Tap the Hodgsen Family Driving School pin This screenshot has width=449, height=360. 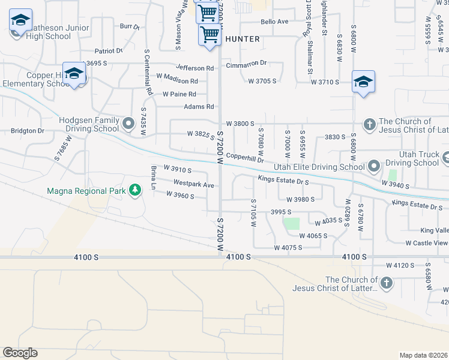(127, 124)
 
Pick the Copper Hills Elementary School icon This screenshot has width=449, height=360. (74, 74)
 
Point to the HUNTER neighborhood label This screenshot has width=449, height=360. (243, 39)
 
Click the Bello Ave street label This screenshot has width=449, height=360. (274, 22)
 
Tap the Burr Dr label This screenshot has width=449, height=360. (129, 26)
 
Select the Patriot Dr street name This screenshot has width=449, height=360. (109, 51)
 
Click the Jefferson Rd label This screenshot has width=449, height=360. (194, 68)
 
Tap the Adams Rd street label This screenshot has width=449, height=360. (199, 107)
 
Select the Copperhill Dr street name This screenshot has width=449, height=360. (245, 159)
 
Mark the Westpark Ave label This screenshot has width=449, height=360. (193, 185)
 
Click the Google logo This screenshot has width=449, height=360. (20, 352)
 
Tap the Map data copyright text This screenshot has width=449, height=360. (423, 355)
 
